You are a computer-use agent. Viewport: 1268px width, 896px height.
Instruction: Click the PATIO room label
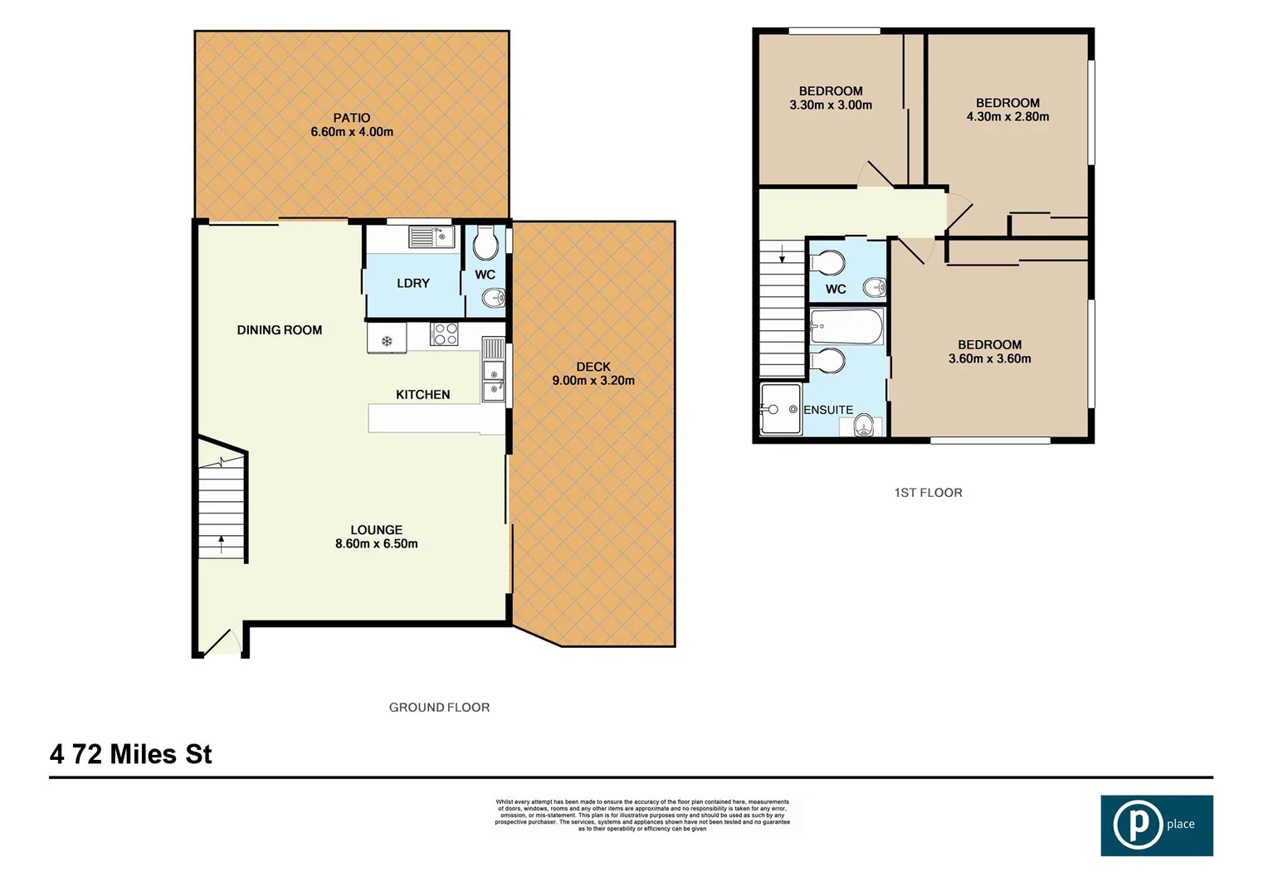pos(352,118)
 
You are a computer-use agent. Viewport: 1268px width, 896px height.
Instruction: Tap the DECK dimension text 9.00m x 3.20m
pos(593,381)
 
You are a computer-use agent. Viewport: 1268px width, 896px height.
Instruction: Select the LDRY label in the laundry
pos(413,284)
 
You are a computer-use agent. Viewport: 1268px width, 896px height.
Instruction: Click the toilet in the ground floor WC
pos(485,244)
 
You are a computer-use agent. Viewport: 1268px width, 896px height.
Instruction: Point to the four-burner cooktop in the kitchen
pos(444,334)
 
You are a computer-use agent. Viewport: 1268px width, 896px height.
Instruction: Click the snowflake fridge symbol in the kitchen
pos(387,340)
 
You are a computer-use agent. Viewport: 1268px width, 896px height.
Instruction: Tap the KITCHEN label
pos(422,395)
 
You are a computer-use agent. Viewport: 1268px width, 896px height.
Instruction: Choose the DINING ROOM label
pos(280,330)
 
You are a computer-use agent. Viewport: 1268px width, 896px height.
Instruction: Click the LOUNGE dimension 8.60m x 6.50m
pos(377,544)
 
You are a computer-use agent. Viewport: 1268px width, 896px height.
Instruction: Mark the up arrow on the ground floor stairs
pos(222,543)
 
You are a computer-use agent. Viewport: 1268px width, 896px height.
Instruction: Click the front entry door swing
pos(222,642)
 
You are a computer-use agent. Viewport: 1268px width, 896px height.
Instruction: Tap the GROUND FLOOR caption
pos(439,708)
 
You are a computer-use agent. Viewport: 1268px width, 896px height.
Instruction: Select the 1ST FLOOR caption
pos(928,493)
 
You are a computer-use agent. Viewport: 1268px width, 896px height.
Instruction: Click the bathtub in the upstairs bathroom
pos(846,327)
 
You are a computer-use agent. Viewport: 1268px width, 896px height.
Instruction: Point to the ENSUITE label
pos(828,410)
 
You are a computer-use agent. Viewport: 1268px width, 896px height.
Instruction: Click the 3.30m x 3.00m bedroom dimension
pos(831,105)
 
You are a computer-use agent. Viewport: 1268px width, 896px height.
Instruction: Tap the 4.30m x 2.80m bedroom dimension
pos(1007,117)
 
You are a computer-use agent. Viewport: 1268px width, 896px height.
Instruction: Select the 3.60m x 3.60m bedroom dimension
pos(989,359)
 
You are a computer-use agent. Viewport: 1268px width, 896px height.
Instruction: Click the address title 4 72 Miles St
pos(131,754)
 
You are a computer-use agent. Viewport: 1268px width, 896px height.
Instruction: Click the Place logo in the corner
pos(1156,825)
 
